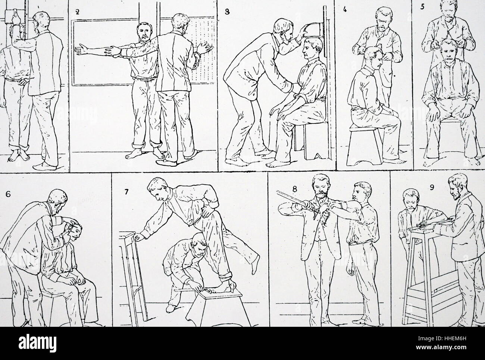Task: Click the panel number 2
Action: [77, 12]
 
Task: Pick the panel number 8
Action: [295, 189]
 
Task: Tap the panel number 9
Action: [432, 187]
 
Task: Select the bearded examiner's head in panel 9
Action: [459, 187]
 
